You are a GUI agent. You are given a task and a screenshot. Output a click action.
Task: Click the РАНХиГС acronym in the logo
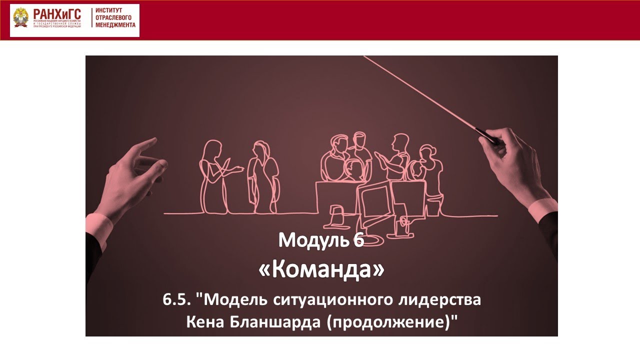(x=56, y=14)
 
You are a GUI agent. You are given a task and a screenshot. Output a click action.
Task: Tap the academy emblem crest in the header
(x=21, y=20)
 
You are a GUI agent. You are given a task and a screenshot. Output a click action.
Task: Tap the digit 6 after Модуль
(x=357, y=240)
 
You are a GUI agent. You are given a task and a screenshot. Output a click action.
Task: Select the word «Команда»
(x=321, y=270)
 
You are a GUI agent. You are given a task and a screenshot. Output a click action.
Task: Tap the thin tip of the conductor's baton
(x=366, y=57)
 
